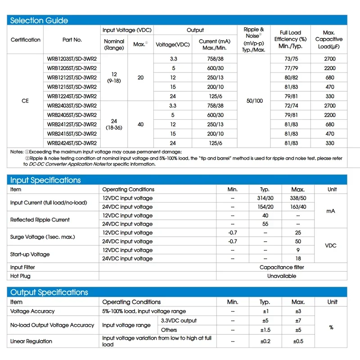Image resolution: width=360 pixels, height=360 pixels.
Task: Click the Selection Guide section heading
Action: coord(39,20)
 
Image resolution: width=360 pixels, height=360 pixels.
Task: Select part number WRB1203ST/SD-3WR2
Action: coord(72,58)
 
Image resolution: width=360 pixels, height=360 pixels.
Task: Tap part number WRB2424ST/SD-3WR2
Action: coord(72,143)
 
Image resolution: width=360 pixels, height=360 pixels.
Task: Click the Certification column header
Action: coord(26,40)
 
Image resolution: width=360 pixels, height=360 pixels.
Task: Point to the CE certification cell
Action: coord(25,101)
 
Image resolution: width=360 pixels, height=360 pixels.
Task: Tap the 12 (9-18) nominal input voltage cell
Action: coord(114,77)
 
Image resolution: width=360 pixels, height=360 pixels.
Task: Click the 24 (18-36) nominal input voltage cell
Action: coord(114,124)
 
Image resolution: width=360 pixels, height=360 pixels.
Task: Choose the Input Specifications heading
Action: coord(45,180)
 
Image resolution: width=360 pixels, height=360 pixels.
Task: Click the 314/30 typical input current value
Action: coord(265,198)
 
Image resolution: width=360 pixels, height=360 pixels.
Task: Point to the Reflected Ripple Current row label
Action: coord(40,220)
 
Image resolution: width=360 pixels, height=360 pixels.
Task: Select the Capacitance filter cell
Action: coord(282,267)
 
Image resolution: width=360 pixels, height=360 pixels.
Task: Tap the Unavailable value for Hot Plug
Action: coord(282,276)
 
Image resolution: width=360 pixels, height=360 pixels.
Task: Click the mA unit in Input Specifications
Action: coord(332,211)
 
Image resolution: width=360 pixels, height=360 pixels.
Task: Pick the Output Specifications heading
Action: coord(49,292)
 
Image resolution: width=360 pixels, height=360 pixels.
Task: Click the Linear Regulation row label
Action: coord(31,341)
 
